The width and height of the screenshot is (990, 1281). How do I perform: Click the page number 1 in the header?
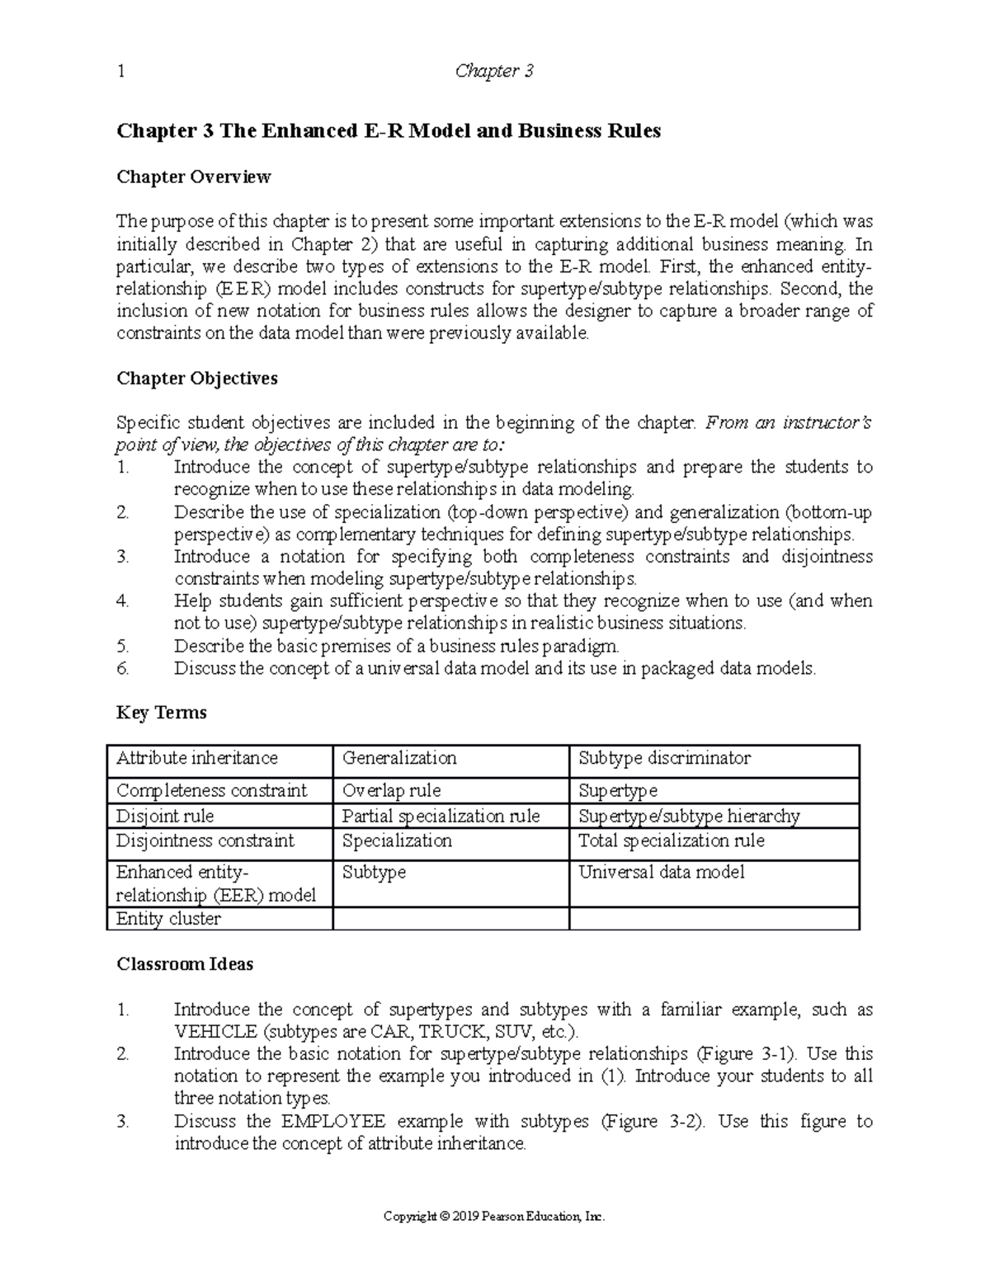click(120, 72)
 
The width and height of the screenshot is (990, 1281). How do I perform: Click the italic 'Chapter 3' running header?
click(494, 72)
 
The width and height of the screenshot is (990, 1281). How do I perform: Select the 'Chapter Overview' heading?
click(193, 177)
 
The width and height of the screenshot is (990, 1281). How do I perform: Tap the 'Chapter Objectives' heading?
click(197, 379)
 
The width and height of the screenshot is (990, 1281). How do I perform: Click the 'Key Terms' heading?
click(162, 713)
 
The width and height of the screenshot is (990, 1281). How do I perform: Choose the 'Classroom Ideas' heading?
click(185, 964)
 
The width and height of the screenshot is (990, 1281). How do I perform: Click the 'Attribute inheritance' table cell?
click(197, 758)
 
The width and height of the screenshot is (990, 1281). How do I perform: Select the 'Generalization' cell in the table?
click(399, 758)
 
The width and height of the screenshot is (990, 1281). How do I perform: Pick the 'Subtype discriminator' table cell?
click(664, 758)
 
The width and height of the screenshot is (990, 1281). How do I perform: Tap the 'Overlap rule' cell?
click(392, 790)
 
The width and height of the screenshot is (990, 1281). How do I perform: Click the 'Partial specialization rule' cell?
click(441, 816)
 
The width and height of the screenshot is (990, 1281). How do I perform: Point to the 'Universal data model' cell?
click(662, 872)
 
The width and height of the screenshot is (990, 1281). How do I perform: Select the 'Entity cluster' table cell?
click(169, 919)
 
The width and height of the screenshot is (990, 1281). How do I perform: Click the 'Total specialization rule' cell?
click(672, 841)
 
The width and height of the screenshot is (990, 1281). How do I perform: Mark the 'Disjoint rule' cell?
click(165, 816)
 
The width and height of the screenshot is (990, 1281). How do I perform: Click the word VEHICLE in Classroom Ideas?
click(215, 1032)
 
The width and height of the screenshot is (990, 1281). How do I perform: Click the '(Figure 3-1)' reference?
click(746, 1054)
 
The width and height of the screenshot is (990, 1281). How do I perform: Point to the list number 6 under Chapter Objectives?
click(123, 668)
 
